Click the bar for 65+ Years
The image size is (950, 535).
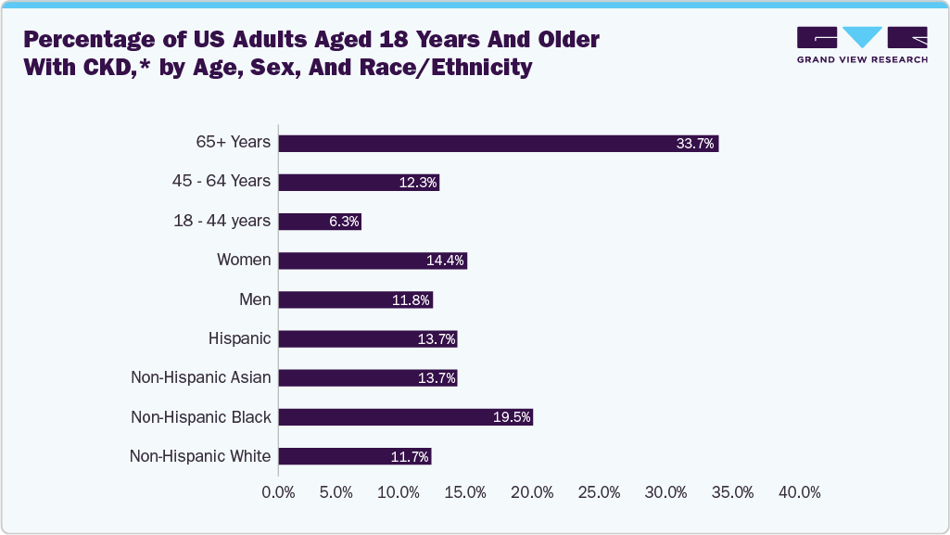[499, 143]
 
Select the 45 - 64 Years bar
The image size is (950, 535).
[359, 182]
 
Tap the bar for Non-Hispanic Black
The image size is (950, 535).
[406, 417]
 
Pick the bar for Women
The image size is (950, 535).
[373, 261]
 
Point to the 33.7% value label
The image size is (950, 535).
[696, 144]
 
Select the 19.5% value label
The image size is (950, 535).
[512, 418]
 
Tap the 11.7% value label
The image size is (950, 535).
[410, 457]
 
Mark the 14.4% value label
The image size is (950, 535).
[445, 261]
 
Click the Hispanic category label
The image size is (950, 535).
[240, 338]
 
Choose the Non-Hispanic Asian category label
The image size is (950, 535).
[201, 377]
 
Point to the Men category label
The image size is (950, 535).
[255, 299]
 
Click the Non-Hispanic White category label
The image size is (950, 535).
[200, 456]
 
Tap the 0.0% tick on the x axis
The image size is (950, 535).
[279, 492]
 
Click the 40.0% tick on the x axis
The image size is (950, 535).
[799, 492]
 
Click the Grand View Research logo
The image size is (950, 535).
[862, 45]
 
